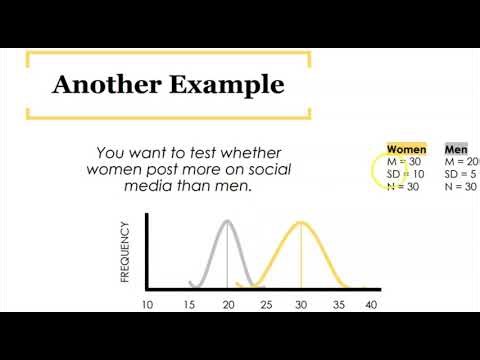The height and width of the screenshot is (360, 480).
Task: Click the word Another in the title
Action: point(98,84)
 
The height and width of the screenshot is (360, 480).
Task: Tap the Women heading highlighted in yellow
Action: point(406,149)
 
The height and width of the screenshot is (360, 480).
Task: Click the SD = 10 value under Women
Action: point(406,174)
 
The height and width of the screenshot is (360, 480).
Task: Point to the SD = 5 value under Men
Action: point(462,174)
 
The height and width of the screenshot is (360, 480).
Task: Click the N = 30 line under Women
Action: point(404,186)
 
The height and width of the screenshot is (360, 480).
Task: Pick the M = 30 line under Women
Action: point(404,162)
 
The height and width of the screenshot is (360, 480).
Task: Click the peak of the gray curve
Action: point(228,221)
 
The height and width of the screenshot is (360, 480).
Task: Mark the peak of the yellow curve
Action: point(301,221)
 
